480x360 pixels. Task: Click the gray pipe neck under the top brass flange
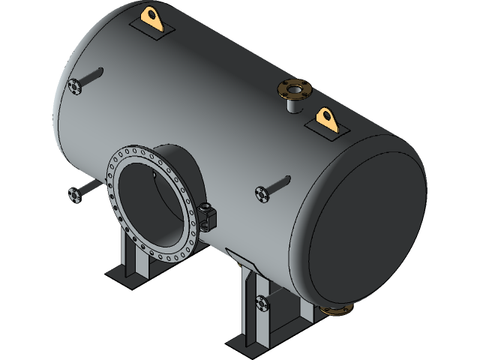(x=292, y=105)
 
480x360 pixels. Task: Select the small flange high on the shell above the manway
(x=74, y=86)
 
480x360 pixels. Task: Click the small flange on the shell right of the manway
(x=262, y=193)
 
